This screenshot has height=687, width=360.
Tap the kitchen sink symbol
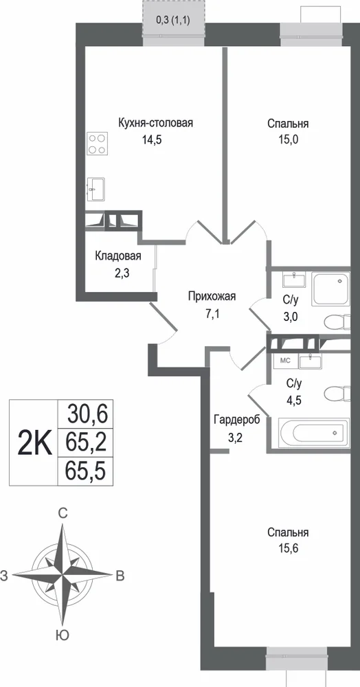tap(95, 190)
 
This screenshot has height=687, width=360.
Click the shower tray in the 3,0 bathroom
tap(330, 289)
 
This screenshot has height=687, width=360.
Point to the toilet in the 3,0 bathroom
tap(337, 322)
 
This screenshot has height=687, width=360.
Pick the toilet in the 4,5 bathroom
tap(337, 393)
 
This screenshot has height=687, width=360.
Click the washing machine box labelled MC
tap(285, 361)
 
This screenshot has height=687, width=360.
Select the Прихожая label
tap(212, 297)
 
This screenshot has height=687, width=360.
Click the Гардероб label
tap(236, 420)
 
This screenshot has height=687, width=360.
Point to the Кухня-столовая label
tap(155, 123)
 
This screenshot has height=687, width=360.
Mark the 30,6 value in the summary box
tap(87, 414)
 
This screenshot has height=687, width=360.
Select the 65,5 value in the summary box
tap(87, 471)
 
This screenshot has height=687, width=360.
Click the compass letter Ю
tap(63, 635)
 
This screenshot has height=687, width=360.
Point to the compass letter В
tap(120, 576)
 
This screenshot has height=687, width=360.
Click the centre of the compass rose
tap(63, 574)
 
